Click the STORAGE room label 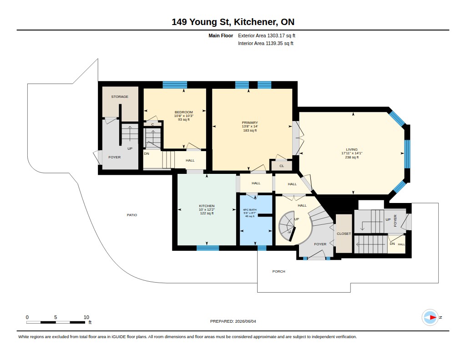click(120, 96)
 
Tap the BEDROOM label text click(184, 112)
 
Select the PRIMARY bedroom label click(250, 122)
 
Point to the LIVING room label click(352, 150)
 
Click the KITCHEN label click(207, 206)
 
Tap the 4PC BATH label click(250, 209)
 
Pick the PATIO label click(132, 215)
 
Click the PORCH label click(279, 271)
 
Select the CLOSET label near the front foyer click(344, 233)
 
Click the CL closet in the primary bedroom click(282, 166)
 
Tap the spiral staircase click(288, 226)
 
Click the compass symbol click(430, 318)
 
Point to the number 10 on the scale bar click(86, 317)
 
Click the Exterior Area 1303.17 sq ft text click(267, 35)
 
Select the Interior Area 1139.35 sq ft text click(266, 43)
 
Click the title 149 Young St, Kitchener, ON click(233, 22)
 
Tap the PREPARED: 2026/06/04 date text click(233, 321)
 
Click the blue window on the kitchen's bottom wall click(208, 248)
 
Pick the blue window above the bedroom click(175, 85)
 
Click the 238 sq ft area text click(352, 157)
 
